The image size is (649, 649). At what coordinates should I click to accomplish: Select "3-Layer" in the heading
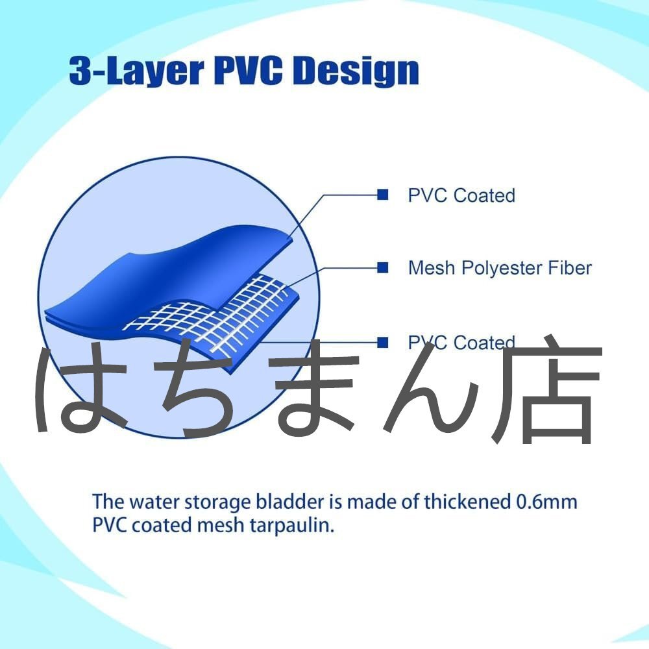pos(136,72)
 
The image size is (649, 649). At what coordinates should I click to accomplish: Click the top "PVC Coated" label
pos(461,195)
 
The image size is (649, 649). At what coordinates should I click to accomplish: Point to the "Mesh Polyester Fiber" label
pos(500,268)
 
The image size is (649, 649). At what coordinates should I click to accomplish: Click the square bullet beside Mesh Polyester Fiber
pos(383,268)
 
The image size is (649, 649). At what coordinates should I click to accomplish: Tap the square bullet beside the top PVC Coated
pos(383,195)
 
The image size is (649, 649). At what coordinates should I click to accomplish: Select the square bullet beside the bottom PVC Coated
pos(383,342)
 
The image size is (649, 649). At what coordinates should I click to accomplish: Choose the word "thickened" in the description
pos(467,502)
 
